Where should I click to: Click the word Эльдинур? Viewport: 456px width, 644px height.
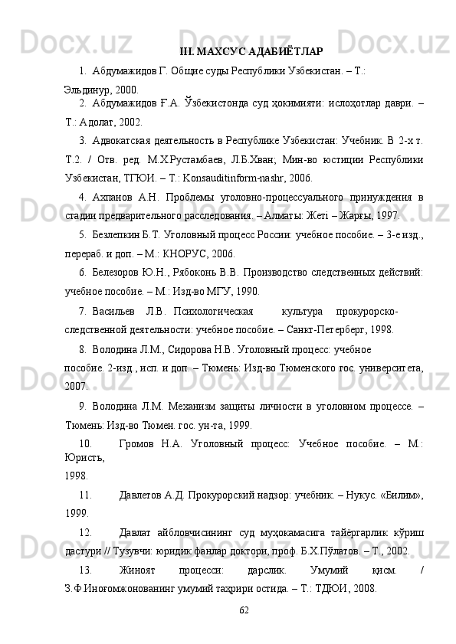(85, 89)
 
